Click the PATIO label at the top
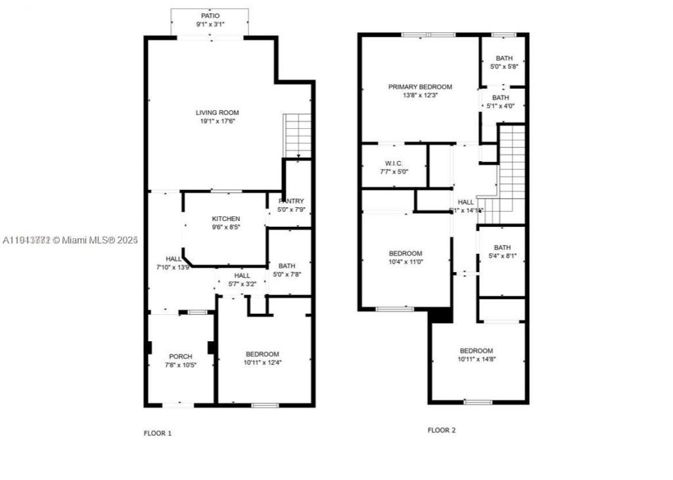[210, 15]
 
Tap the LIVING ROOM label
[217, 112]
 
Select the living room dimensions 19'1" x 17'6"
[217, 121]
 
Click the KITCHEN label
[225, 219]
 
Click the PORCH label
[181, 356]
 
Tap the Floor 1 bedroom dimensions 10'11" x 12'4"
[262, 362]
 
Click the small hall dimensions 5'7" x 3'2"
[243, 284]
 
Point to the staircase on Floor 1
[297, 135]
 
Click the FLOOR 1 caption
[158, 433]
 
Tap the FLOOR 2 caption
[442, 431]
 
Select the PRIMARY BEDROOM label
[420, 87]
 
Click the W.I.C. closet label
[394, 163]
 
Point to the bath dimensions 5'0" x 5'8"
[504, 66]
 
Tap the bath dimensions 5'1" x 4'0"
[501, 106]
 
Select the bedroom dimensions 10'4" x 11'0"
[406, 262]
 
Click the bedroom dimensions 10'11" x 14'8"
[476, 359]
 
